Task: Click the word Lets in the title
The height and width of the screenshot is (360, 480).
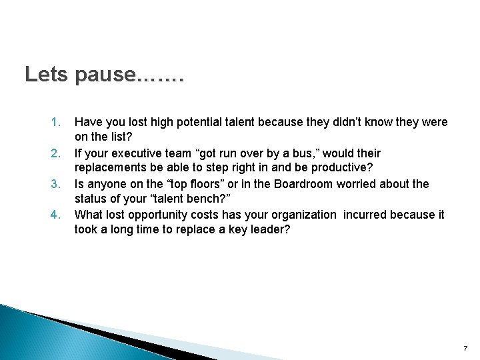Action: click(x=46, y=75)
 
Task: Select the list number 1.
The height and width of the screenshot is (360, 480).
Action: click(x=55, y=123)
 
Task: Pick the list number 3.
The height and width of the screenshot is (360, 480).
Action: click(x=55, y=184)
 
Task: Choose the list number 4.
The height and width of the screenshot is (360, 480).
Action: click(x=55, y=215)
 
